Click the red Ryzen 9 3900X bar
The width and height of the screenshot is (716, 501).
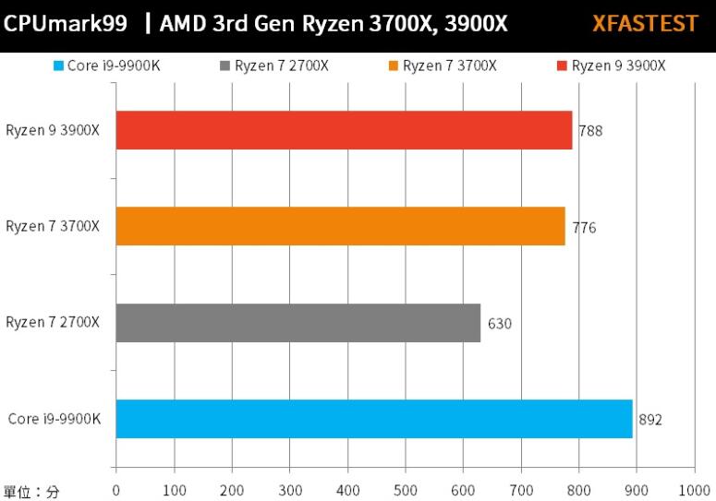344,130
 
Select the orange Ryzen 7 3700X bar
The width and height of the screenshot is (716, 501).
340,226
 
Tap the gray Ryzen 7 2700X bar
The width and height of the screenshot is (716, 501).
298,323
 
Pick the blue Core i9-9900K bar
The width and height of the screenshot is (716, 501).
374,419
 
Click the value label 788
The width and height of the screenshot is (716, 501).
590,131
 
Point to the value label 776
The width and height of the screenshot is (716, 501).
584,227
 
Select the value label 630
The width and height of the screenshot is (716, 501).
500,324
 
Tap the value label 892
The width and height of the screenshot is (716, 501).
650,420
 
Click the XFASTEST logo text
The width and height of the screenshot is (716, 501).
645,24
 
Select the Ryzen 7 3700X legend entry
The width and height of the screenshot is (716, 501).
442,66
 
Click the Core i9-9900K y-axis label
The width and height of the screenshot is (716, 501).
54,420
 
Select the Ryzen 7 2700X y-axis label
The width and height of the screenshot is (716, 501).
53,322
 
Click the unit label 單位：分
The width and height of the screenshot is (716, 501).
31,492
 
